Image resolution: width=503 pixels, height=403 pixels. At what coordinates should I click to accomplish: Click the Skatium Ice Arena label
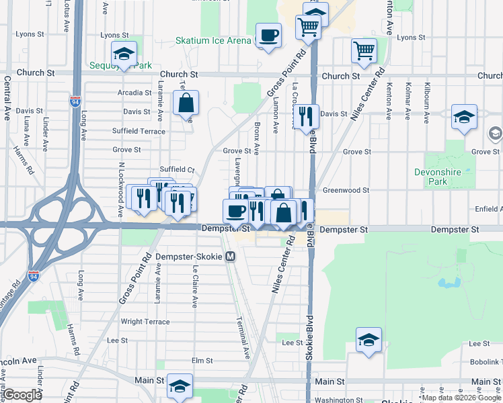click(x=212, y=40)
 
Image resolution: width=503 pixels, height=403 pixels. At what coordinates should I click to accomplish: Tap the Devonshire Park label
click(x=438, y=177)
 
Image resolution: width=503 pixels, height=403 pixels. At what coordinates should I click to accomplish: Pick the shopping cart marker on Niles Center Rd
click(x=364, y=50)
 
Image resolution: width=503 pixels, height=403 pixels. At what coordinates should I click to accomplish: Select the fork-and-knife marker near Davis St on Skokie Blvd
click(x=306, y=116)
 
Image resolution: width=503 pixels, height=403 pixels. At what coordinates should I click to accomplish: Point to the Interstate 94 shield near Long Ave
click(x=73, y=101)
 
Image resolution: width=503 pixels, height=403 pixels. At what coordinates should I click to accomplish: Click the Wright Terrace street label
click(x=145, y=322)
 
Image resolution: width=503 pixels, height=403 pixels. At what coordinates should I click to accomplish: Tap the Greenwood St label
click(x=346, y=190)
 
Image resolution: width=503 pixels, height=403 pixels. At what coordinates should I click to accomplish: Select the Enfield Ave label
click(x=488, y=210)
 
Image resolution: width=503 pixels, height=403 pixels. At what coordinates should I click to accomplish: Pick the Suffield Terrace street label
click(x=139, y=131)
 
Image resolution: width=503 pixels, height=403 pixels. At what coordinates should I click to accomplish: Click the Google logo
click(x=22, y=395)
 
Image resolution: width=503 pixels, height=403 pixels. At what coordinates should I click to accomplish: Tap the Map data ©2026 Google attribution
click(x=461, y=398)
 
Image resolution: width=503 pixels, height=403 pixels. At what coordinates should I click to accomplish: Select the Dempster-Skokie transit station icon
click(x=231, y=256)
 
